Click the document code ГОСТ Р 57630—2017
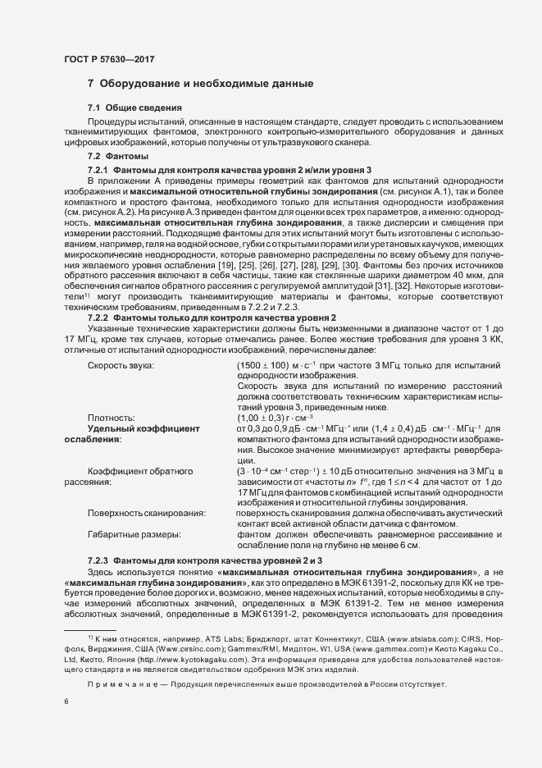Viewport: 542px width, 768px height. [108, 59]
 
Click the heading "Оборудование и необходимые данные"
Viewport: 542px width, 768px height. [207, 84]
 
